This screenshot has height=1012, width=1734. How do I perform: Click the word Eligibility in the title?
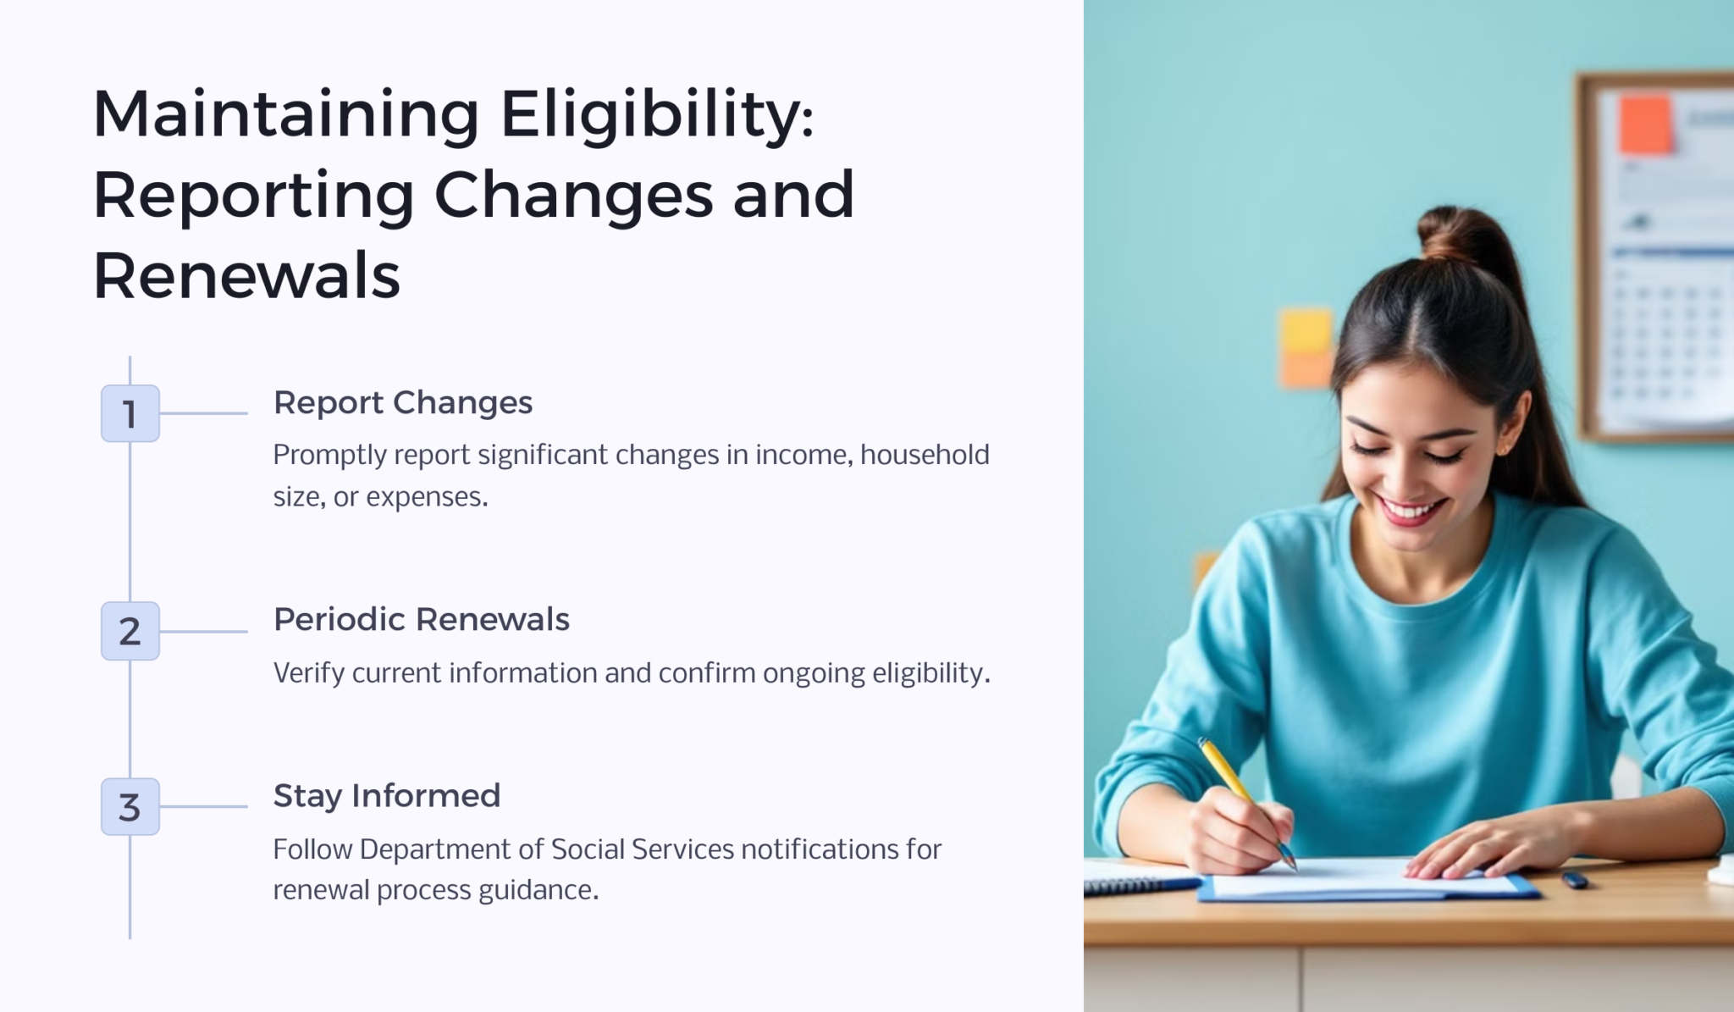(656, 115)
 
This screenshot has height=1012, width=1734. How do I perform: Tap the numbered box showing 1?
(130, 414)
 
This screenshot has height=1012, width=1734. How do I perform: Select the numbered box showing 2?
(130, 631)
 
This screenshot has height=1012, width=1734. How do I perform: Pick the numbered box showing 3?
(130, 807)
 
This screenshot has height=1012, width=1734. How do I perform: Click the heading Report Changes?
(402, 403)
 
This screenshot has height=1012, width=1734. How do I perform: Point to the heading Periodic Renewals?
(421, 620)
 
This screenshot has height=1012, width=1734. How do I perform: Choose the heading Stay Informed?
(386, 796)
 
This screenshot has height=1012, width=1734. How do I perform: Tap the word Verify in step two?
(308, 673)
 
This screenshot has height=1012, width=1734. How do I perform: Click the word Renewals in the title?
(246, 276)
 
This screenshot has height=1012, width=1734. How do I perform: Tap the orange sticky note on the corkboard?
(1645, 124)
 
